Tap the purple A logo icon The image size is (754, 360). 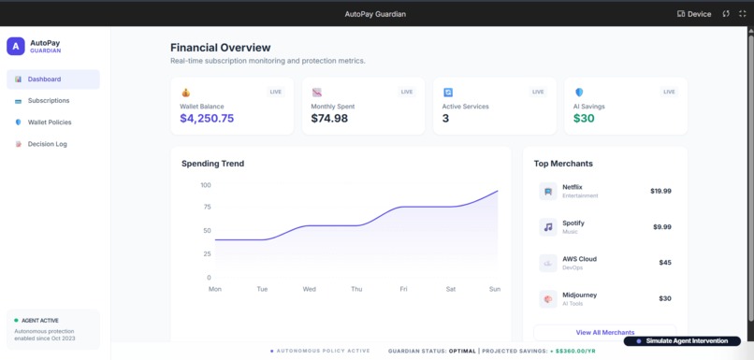point(16,46)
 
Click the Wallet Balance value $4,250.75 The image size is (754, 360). point(207,119)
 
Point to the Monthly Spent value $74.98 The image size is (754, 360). point(329,119)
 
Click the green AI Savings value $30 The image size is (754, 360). point(584,119)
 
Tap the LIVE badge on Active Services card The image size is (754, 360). point(538,92)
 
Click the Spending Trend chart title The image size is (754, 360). point(212,164)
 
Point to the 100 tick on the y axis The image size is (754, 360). point(206,185)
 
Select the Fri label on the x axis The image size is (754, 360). point(403,289)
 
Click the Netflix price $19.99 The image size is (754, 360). point(660,191)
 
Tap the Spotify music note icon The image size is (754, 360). point(548,227)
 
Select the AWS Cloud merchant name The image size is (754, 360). point(579,259)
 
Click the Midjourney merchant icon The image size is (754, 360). point(548,299)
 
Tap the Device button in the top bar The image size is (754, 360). point(694,14)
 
